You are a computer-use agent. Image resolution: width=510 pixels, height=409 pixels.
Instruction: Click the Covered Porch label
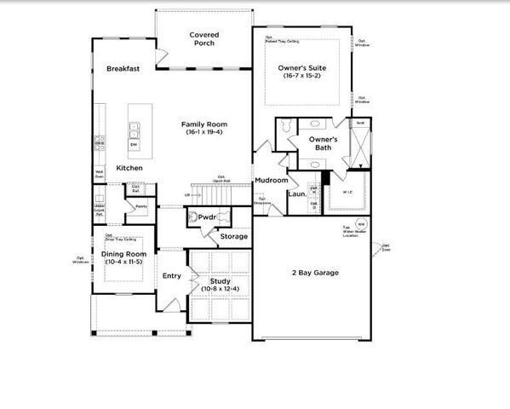[x=203, y=39]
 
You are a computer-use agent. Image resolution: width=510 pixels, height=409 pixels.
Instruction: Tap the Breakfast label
[x=123, y=68]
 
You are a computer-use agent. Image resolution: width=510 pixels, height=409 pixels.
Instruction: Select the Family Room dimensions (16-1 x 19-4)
[x=204, y=133]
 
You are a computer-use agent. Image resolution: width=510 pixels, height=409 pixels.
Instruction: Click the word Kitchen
[x=129, y=168]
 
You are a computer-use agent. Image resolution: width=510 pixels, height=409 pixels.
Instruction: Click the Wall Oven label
[x=99, y=174]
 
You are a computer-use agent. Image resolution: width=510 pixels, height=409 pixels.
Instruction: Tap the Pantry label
[x=140, y=205]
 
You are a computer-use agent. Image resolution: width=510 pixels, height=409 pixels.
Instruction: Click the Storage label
[x=233, y=236]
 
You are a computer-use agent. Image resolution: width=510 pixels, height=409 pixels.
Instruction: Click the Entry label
[x=172, y=275]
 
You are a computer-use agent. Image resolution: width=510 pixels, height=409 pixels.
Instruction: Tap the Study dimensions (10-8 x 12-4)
[x=221, y=289]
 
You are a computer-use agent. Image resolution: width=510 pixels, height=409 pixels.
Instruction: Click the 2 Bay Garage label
[x=314, y=273]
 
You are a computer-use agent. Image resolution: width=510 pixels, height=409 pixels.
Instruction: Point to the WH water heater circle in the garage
[x=359, y=225]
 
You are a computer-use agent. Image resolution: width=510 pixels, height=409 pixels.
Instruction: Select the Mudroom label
[x=271, y=180]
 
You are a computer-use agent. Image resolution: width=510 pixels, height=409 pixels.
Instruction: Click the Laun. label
[x=298, y=193]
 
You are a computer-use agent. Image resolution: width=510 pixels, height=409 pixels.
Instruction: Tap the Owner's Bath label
[x=324, y=143]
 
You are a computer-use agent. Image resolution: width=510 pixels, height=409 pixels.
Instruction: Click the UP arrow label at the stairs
[x=186, y=195]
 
